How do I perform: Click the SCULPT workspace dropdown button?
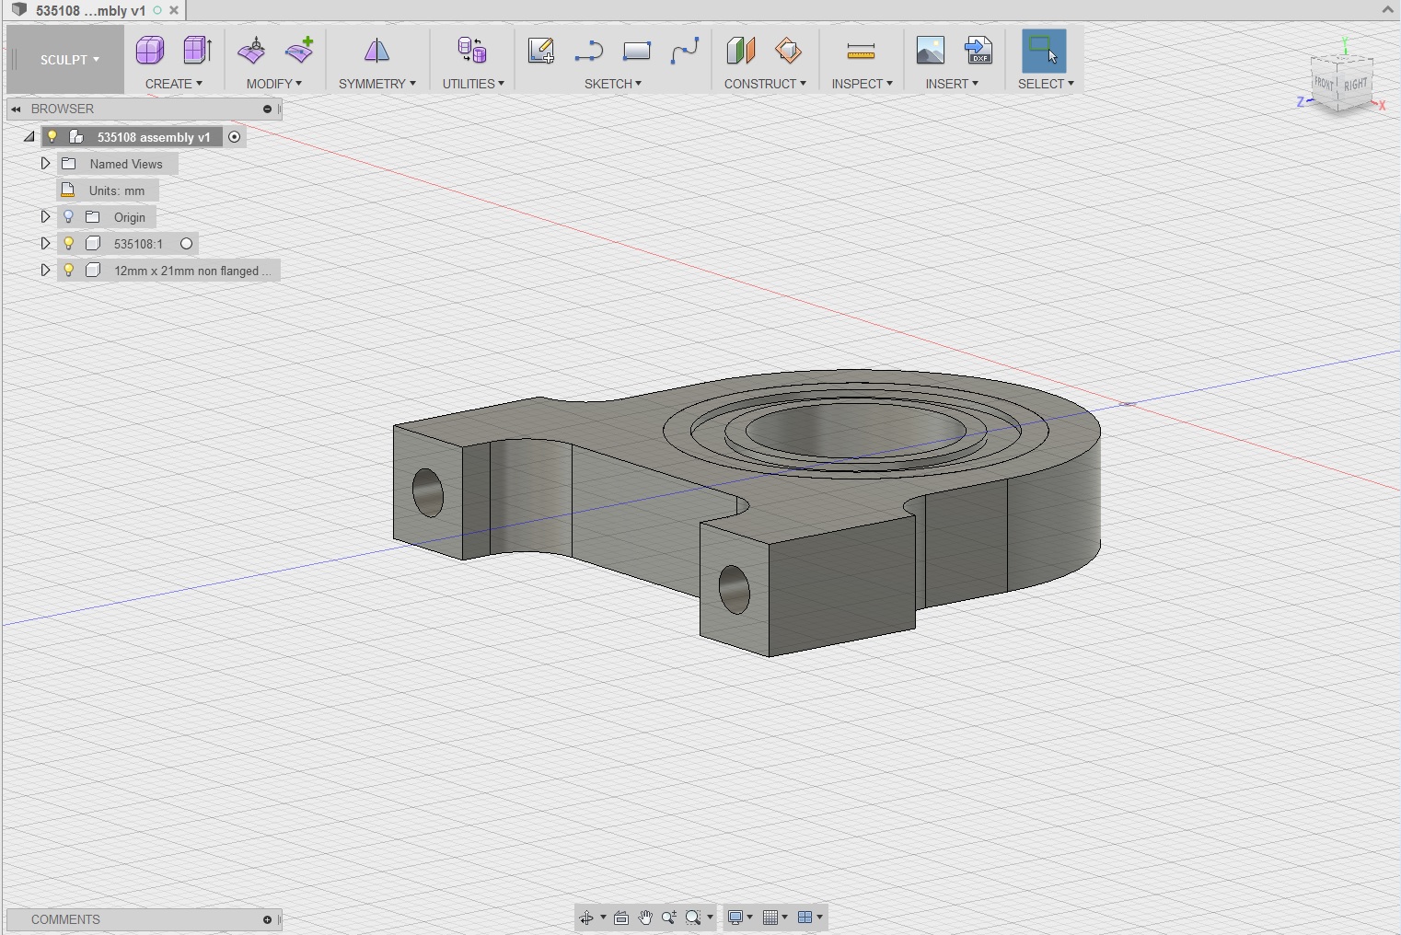[69, 60]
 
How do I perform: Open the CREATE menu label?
[173, 84]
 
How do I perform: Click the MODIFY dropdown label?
[273, 84]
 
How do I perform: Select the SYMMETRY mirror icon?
[376, 52]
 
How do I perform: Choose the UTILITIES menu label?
[472, 84]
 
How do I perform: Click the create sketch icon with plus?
[540, 51]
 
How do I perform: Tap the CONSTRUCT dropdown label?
[764, 84]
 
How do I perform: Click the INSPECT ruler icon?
[861, 52]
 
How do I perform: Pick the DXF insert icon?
[978, 51]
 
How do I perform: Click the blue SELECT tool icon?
[1044, 51]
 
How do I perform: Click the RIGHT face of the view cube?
[1356, 86]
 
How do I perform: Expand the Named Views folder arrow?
[45, 164]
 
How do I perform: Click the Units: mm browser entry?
[116, 190]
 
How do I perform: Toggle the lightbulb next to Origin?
[68, 217]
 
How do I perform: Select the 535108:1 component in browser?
[138, 244]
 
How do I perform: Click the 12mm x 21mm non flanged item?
[191, 271]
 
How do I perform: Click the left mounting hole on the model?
[428, 492]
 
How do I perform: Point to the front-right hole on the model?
[734, 590]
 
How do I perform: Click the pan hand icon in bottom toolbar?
[645, 918]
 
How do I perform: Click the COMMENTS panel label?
[65, 919]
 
